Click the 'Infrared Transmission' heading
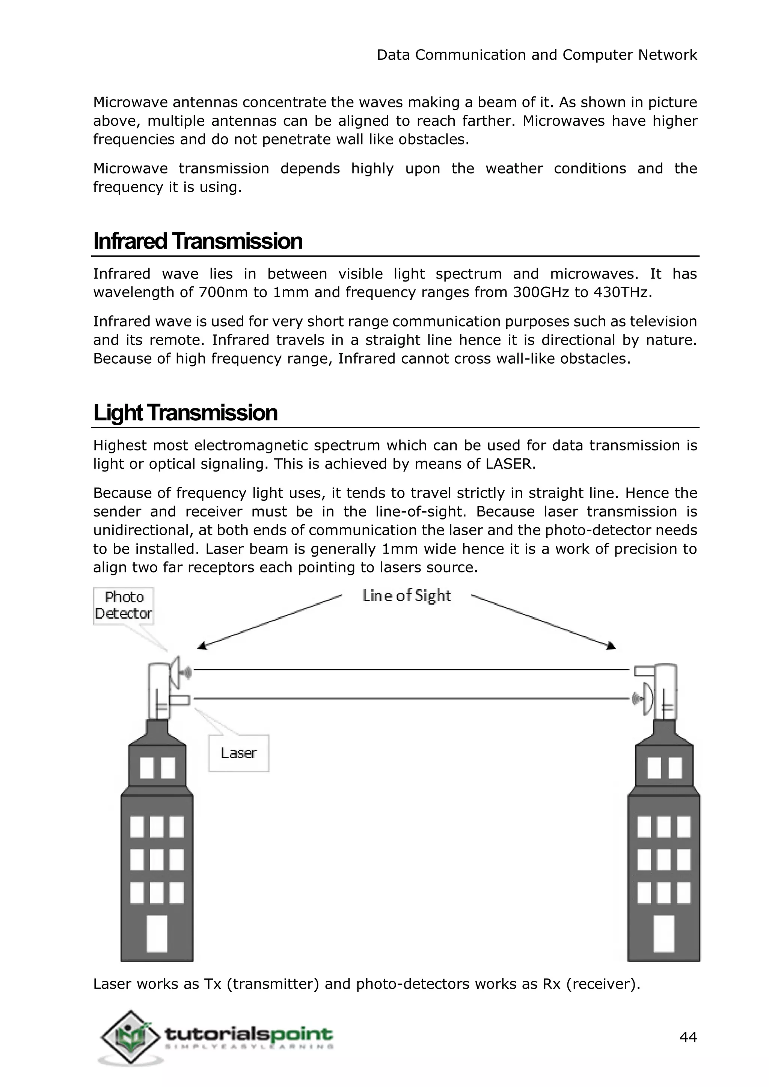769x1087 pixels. point(198,241)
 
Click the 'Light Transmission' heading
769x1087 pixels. point(185,413)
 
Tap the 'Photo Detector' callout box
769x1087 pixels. point(124,605)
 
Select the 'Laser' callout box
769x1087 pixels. point(239,753)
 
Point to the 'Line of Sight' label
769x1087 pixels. point(406,596)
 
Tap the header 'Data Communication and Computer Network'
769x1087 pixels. point(537,55)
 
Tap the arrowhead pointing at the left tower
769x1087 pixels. point(202,646)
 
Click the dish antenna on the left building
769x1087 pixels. point(176,672)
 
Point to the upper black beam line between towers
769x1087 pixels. point(411,670)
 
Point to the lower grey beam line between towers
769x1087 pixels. point(411,698)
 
